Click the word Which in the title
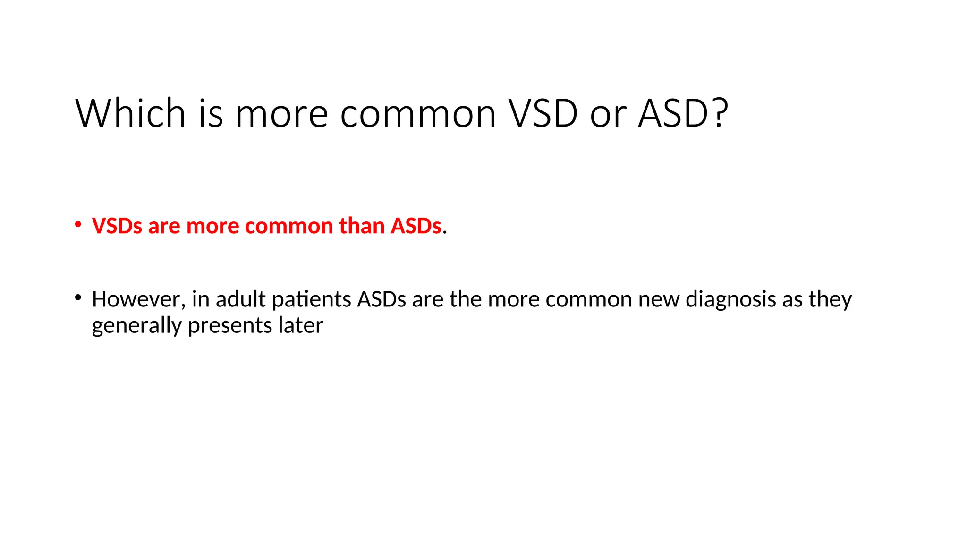130,113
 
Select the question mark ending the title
719,113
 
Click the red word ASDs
416,226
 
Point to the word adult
241,299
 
